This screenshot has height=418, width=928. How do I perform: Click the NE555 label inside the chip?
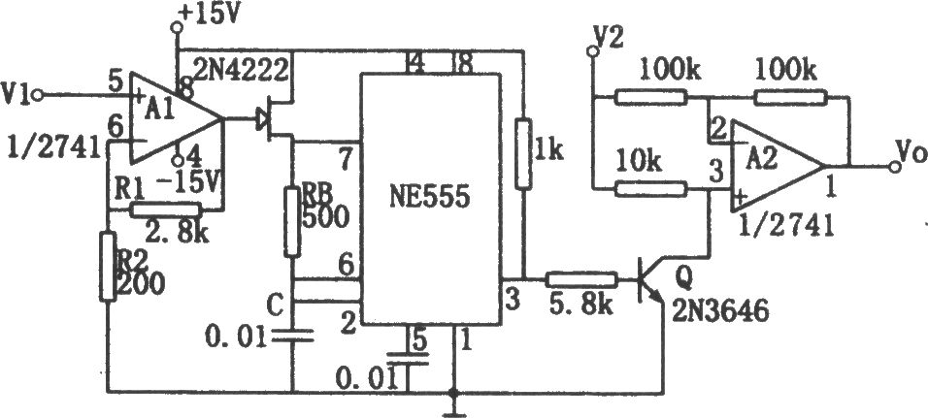[430, 198]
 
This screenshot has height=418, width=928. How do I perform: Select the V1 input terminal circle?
[39, 96]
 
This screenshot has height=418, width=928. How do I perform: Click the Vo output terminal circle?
[895, 168]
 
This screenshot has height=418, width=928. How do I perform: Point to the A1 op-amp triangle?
[177, 119]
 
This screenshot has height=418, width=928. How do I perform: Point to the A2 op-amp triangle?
[777, 167]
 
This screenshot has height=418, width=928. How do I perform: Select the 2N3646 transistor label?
[721, 309]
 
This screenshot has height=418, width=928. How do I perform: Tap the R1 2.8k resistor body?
[165, 209]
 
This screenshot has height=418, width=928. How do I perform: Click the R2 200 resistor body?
[108, 268]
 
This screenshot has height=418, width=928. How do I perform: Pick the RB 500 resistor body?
[292, 222]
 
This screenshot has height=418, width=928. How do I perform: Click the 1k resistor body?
[523, 154]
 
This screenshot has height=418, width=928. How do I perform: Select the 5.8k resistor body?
[581, 279]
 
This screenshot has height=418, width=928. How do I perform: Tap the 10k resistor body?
[651, 189]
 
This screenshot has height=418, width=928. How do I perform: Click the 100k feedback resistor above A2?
[791, 98]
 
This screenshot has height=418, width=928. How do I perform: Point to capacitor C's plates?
[292, 337]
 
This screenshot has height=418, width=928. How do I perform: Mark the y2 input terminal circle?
[590, 52]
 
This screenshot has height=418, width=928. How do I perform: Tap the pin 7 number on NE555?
[344, 159]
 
